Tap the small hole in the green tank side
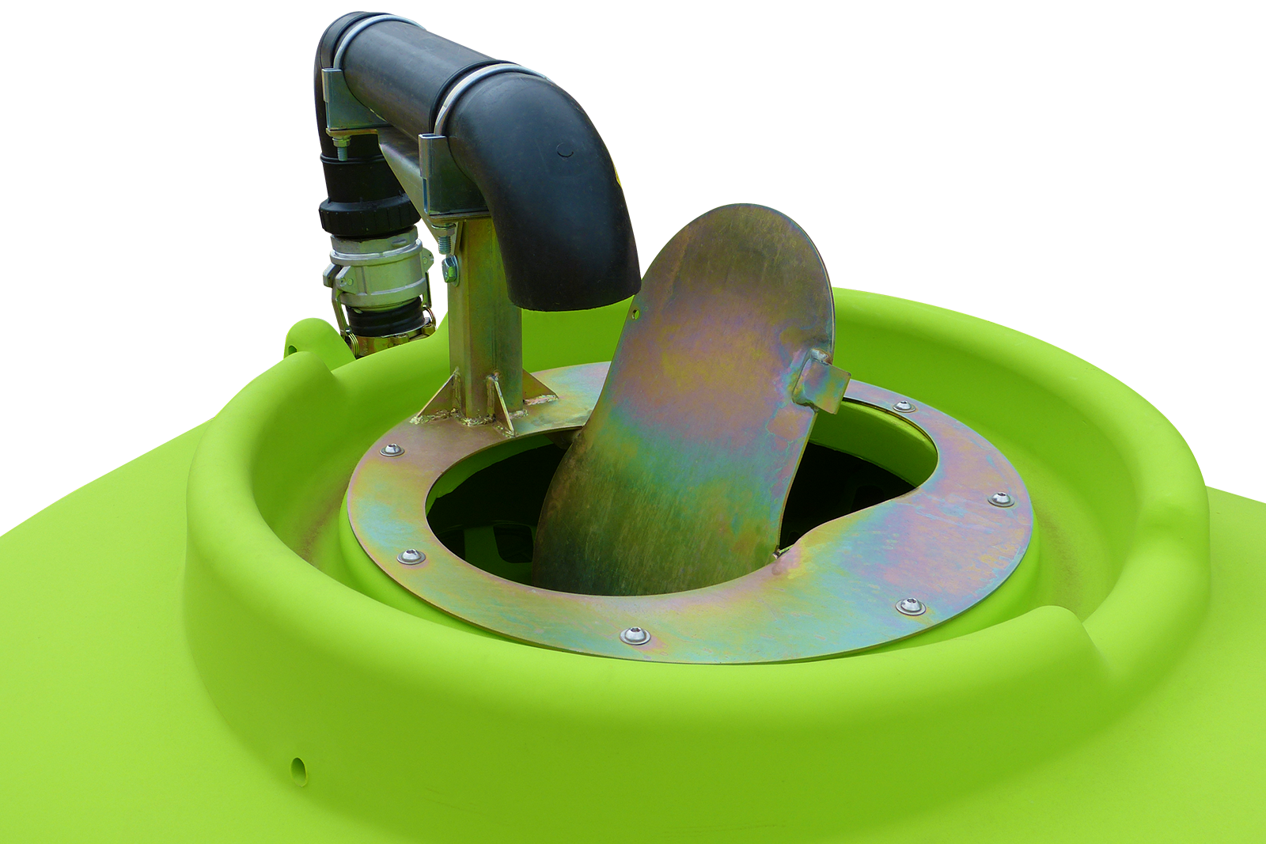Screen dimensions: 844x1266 298,765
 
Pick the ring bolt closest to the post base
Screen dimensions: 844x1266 392,450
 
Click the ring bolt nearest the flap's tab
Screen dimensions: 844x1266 903,407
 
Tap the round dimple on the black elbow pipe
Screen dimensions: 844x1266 565,149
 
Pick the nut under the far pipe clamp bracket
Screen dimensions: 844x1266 342,143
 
